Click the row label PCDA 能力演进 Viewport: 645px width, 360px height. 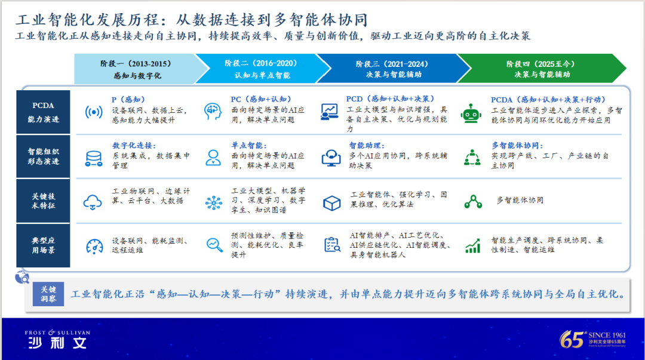click(x=43, y=112)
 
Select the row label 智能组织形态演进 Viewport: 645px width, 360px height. click(x=43, y=156)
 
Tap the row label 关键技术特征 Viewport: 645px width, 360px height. click(x=43, y=201)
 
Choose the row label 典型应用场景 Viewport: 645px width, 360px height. click(x=43, y=245)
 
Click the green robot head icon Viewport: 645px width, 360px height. click(x=471, y=113)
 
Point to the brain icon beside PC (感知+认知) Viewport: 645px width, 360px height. click(x=213, y=112)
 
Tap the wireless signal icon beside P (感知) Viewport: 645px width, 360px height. click(x=94, y=112)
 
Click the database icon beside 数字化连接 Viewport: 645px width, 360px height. click(x=94, y=158)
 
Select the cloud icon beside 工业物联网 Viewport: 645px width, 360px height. click(x=93, y=202)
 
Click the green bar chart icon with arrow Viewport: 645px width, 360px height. click(x=473, y=245)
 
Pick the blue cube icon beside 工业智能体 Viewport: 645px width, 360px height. click(x=331, y=203)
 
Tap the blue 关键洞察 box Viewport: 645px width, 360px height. click(x=48, y=294)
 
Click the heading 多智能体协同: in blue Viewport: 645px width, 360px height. click(x=517, y=145)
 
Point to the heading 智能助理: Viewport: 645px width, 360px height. click(x=367, y=145)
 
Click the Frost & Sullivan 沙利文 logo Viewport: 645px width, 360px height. click(x=57, y=340)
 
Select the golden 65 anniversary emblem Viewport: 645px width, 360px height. click(x=593, y=340)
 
